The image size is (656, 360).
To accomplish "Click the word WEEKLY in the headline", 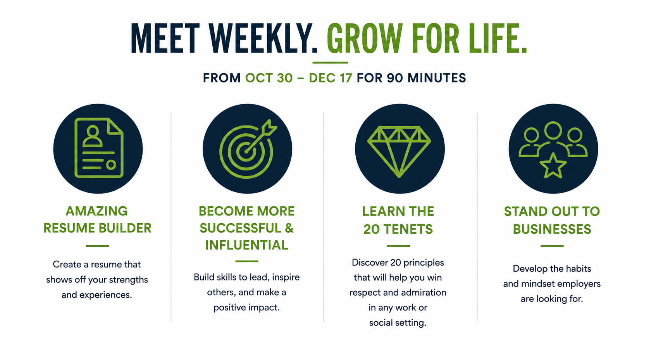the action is (263, 38).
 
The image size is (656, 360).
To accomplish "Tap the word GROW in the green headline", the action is (365, 38).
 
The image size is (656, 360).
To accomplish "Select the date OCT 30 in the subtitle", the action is (269, 78).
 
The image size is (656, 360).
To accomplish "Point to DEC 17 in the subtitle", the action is (331, 78).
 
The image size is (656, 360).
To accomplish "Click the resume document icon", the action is (99, 148).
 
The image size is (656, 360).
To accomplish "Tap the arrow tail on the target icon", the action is (270, 127).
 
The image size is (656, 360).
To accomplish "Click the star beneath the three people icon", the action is (553, 166).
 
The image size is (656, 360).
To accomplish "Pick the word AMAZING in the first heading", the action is (96, 211).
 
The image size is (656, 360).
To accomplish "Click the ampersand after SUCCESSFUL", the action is (289, 228).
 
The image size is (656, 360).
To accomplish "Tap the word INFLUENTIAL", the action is (246, 245).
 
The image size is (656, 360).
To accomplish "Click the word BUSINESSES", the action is (552, 229).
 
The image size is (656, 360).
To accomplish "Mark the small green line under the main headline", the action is (330, 62).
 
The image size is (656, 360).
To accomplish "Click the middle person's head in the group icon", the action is (553, 131).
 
